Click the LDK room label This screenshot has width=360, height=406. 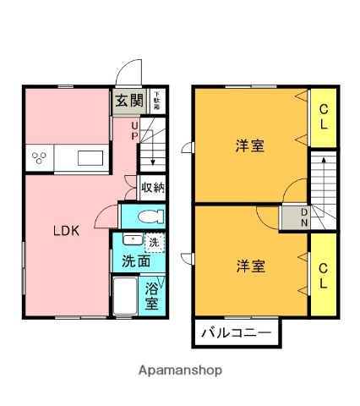tap(67, 231)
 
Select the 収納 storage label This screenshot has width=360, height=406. tap(152, 188)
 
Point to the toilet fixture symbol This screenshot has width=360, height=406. tap(148, 216)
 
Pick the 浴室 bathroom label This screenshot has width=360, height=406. tap(153, 295)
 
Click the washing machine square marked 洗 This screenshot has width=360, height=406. tap(154, 243)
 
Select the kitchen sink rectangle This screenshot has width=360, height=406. tap(90, 157)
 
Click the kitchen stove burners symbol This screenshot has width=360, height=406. tap(40, 157)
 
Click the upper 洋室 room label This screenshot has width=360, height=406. tap(249, 145)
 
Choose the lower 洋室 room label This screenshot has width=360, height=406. tap(249, 266)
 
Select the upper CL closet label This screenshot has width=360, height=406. tap(322, 116)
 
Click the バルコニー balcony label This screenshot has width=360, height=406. tap(236, 332)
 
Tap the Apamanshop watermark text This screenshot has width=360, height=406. tap(180, 370)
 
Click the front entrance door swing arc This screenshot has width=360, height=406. tap(128, 72)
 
